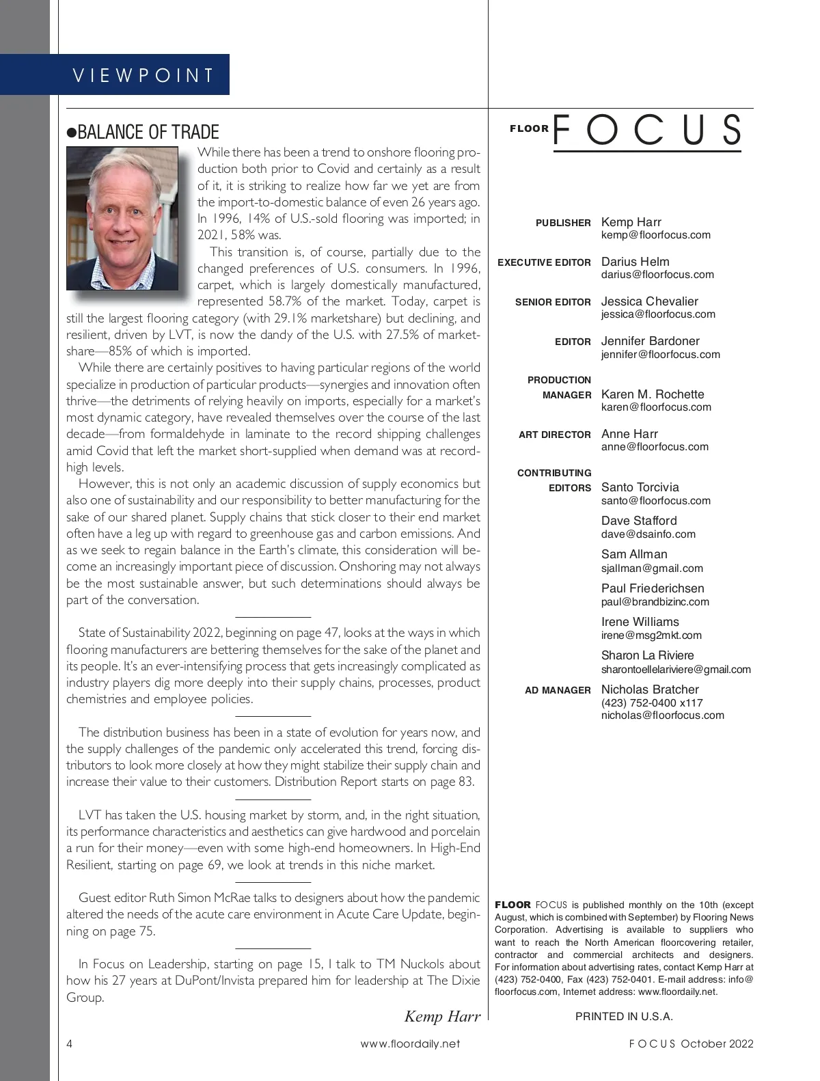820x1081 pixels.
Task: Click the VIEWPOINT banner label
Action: pos(143,75)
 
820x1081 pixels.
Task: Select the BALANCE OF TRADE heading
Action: pos(143,132)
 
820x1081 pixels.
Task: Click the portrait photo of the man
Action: pos(122,219)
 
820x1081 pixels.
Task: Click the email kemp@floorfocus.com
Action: pos(655,235)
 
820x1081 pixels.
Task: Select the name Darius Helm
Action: pos(635,262)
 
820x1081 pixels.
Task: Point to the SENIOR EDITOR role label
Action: pos(553,302)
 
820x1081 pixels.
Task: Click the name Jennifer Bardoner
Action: pos(650,341)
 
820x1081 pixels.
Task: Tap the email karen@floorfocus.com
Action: pos(656,407)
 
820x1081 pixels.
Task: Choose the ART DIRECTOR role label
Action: pos(554,435)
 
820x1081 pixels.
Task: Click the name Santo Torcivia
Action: pos(640,487)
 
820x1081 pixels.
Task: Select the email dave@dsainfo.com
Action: pos(648,534)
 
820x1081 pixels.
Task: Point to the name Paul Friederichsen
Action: pos(652,588)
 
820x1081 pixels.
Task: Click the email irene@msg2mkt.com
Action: pos(651,635)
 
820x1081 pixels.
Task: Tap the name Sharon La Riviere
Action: pos(647,655)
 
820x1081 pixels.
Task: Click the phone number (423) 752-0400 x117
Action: pos(651,703)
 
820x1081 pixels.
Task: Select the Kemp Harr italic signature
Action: pos(442,1016)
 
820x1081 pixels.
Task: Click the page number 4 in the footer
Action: pos(70,1043)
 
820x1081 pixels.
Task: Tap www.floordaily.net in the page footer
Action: pos(410,1043)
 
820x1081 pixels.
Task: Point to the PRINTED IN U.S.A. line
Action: pos(624,1017)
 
